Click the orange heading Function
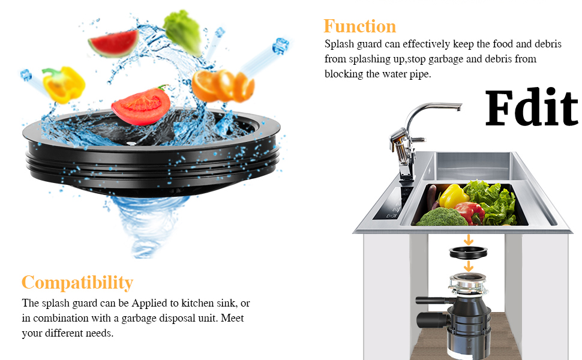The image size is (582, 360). tap(359, 26)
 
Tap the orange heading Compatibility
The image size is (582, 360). tap(77, 283)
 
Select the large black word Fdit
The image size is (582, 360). tap(531, 109)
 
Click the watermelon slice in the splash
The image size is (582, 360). tap(113, 43)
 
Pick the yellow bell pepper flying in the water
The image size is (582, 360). tap(64, 83)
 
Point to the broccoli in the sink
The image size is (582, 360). tap(440, 216)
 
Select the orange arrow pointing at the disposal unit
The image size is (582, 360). tap(469, 266)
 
